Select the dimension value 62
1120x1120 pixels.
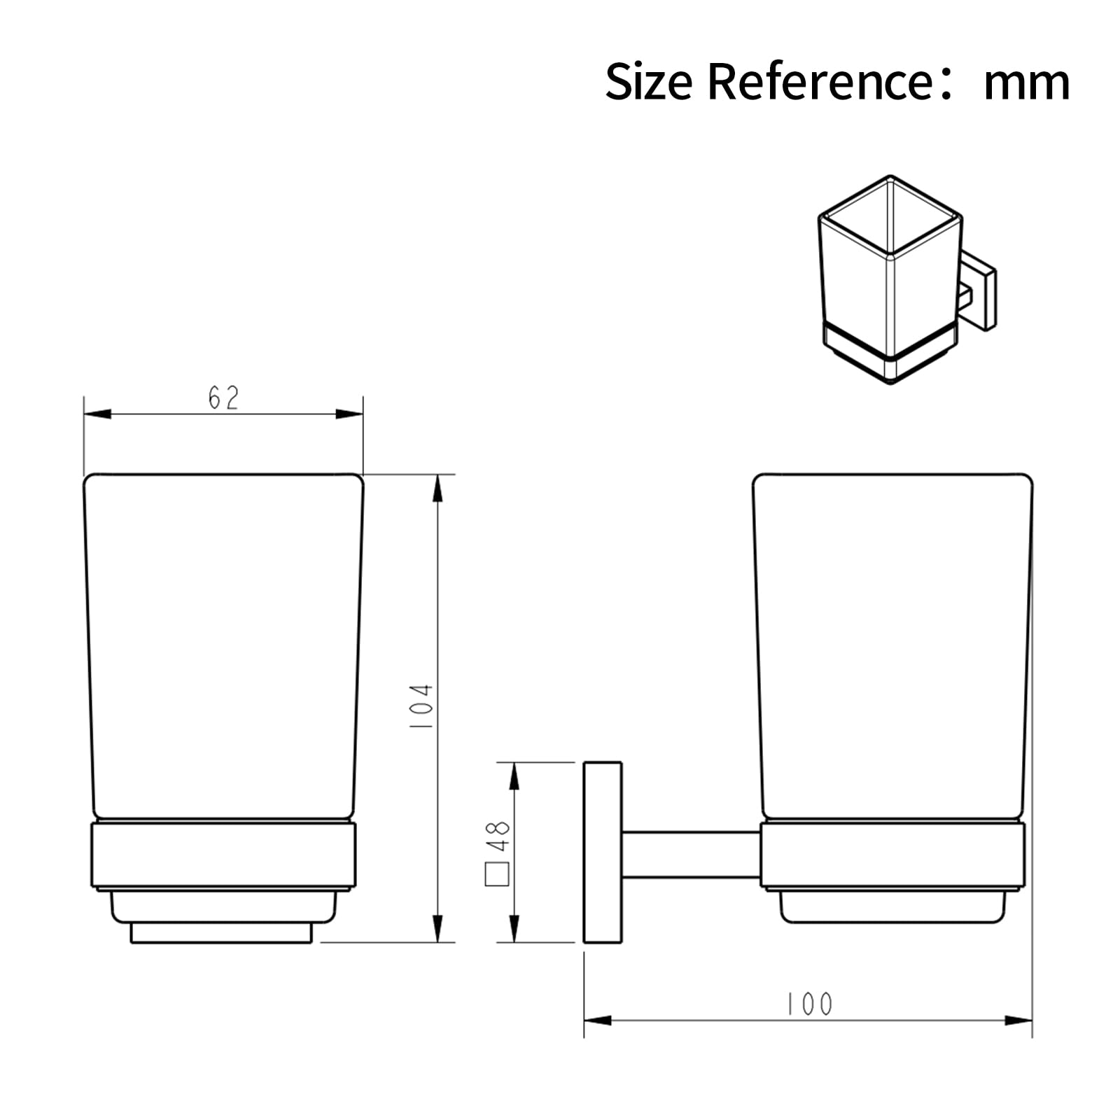tap(223, 398)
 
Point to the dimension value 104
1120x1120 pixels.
tap(422, 707)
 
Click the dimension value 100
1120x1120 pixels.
tap(809, 1004)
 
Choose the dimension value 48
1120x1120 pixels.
tap(498, 836)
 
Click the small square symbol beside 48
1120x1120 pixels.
tap(497, 874)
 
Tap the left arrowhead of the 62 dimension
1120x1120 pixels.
tap(97, 414)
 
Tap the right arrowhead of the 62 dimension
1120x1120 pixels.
tap(349, 414)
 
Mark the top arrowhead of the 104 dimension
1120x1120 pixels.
tap(437, 488)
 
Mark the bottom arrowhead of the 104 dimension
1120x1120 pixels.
tap(437, 928)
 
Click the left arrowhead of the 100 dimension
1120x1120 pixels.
tap(597, 1021)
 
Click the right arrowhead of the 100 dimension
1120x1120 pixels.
tap(1018, 1021)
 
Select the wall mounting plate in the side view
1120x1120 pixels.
tap(603, 852)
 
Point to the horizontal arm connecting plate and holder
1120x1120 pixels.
tap(689, 855)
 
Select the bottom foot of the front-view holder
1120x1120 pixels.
tap(220, 934)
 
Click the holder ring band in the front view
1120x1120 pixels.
tap(223, 855)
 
